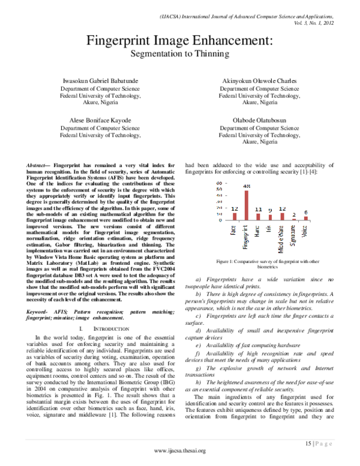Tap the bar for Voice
tap(305, 218)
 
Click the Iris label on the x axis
tap(270, 228)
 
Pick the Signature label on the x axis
tap(294, 233)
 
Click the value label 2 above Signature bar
tap(294, 214)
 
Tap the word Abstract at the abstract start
tap(38, 165)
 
